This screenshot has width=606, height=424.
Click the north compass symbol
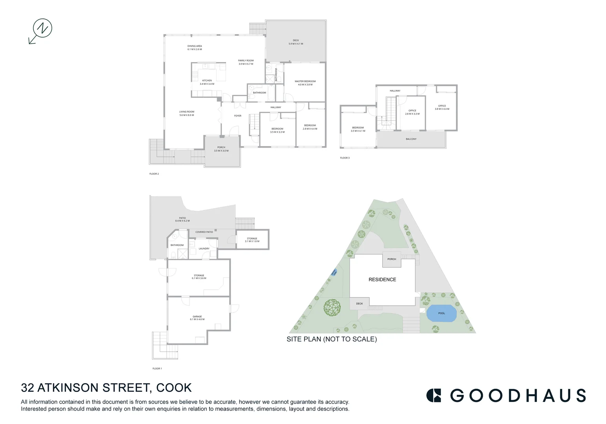point(42,29)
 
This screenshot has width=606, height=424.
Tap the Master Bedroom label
point(305,82)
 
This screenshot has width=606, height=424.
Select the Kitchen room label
point(207,81)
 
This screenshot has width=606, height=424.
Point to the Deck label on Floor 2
point(296,40)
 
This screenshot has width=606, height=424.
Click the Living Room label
point(186,112)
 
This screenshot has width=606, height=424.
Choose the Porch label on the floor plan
point(221,148)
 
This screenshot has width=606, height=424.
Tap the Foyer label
point(238,116)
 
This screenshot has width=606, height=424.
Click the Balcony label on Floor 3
point(411,139)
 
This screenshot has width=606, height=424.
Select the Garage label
point(197,317)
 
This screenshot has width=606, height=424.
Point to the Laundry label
point(204,249)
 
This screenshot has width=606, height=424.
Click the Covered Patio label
point(204,232)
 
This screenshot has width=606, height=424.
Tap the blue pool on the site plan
point(442,313)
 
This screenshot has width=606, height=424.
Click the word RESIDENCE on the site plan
point(382,280)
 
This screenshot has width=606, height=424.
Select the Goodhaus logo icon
point(434,395)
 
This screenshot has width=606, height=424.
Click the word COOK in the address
point(174,388)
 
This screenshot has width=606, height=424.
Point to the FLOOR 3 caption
point(345,158)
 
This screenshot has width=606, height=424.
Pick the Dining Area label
point(194,46)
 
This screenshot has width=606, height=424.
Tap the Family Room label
point(246,61)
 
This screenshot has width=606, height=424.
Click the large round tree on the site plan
point(332,307)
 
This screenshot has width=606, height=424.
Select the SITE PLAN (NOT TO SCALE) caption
point(332,339)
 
